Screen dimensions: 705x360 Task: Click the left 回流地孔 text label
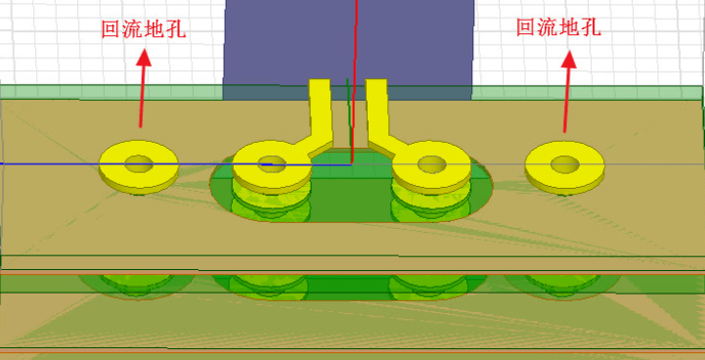pyautogui.click(x=144, y=29)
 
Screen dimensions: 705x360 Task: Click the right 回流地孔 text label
pyautogui.click(x=559, y=27)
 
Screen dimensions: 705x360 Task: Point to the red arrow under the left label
pyautogui.click(x=143, y=88)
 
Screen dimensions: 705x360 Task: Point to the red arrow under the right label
pyautogui.click(x=567, y=91)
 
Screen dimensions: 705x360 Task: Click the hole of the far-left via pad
pyautogui.click(x=139, y=163)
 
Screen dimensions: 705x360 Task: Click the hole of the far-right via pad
pyautogui.click(x=565, y=164)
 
